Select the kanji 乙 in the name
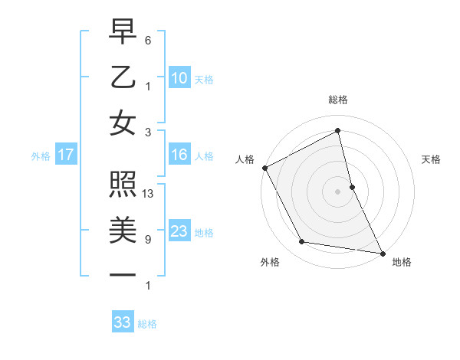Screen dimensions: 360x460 (x=123, y=78)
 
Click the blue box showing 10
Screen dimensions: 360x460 (x=179, y=78)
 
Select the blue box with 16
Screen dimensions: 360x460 (x=179, y=155)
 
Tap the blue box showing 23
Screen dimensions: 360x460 (x=179, y=231)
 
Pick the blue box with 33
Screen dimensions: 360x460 (x=123, y=322)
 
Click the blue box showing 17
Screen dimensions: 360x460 (x=66, y=155)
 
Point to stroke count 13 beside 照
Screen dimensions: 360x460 (x=149, y=194)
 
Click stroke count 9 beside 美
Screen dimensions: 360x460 (x=147, y=240)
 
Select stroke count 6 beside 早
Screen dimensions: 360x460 (x=147, y=40)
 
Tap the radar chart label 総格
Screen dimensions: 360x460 (x=338, y=100)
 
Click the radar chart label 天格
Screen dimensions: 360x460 (x=431, y=159)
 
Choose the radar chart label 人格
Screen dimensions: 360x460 (x=245, y=159)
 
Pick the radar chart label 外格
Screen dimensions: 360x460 (x=270, y=262)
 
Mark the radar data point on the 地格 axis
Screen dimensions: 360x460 (x=382, y=252)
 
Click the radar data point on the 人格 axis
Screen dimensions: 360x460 (x=264, y=167)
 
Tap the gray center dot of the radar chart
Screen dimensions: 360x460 (x=338, y=191)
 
